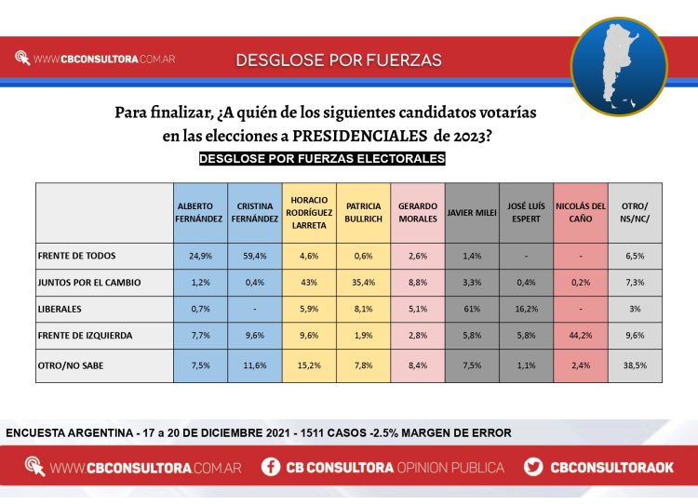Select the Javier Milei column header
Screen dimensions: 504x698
[x=472, y=212]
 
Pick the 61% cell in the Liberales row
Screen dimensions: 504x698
[x=472, y=308]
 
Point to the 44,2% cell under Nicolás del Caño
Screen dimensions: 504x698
[x=581, y=334]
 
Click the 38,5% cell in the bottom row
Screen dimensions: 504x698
[x=635, y=366]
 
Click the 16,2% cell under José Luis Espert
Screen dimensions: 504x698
[x=526, y=308]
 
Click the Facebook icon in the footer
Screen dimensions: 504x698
[x=271, y=467]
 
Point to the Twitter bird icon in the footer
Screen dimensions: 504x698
[x=533, y=467]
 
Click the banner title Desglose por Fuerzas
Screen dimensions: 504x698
[x=339, y=60]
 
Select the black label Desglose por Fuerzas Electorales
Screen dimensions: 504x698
[x=322, y=159]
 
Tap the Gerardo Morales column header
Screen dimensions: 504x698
[x=418, y=212]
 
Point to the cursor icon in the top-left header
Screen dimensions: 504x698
[x=23, y=59]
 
